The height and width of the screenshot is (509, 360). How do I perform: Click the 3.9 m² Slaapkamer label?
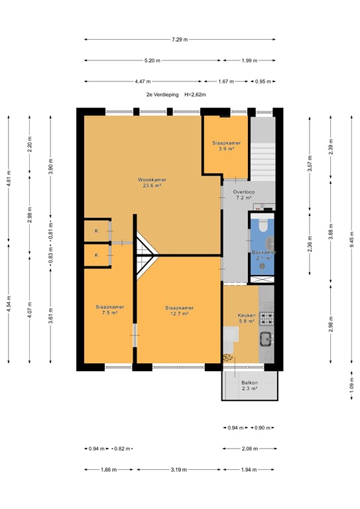226,146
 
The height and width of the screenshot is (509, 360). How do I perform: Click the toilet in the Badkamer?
263,227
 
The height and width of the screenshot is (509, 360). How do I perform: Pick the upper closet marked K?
96,231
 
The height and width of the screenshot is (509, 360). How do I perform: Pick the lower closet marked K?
96,255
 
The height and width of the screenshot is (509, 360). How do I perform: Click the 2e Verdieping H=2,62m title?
176,95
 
